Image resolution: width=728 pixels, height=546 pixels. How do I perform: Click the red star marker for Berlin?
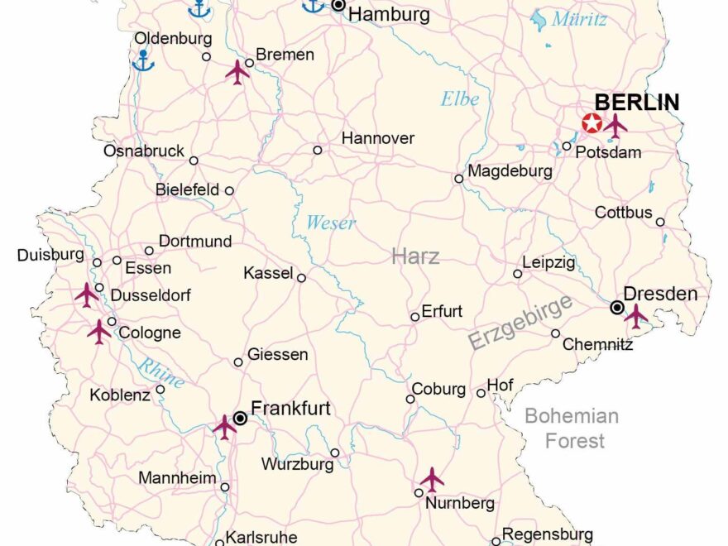click(x=592, y=124)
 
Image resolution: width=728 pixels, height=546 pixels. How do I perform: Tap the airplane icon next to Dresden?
click(x=635, y=315)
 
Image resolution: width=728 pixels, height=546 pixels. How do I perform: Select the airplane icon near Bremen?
click(x=237, y=72)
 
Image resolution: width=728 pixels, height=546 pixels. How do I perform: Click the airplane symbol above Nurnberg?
click(x=431, y=479)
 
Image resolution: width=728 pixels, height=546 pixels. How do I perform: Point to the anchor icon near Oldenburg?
click(x=143, y=60)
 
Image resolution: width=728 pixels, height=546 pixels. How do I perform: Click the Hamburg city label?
click(x=389, y=14)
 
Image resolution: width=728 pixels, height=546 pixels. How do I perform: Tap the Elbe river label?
click(x=459, y=98)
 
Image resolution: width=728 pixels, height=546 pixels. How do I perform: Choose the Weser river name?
click(x=331, y=222)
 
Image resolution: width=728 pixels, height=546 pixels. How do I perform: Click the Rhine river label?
click(x=160, y=371)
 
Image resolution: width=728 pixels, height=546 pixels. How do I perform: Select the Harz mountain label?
click(x=415, y=256)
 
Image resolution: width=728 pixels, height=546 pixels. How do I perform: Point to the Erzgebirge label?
click(x=520, y=323)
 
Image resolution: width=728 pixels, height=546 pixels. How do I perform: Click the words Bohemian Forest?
click(x=572, y=428)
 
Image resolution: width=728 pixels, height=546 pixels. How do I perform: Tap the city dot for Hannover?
click(x=318, y=150)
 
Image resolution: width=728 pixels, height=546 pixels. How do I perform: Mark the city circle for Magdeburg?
click(x=458, y=178)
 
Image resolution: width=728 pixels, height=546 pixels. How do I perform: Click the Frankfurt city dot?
click(x=240, y=419)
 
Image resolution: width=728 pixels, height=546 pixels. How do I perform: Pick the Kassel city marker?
click(x=301, y=278)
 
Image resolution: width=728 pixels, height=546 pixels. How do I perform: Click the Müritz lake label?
click(x=580, y=19)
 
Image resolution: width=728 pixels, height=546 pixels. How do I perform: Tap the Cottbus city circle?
click(x=660, y=222)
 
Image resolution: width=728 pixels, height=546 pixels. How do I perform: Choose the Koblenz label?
click(x=120, y=395)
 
